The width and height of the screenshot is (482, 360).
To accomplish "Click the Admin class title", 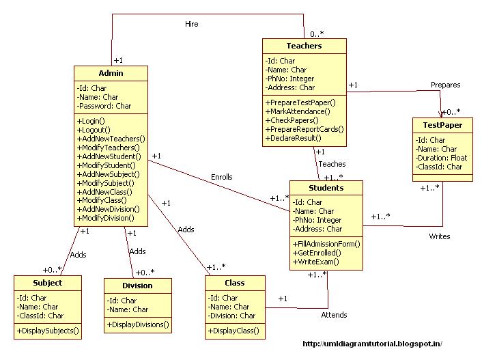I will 111,73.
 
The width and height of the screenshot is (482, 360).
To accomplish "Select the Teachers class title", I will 304,46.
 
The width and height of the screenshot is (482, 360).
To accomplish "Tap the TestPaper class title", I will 442,125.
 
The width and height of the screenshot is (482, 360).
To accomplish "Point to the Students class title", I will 326,188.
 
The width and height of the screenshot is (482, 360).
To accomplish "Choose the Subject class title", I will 48,283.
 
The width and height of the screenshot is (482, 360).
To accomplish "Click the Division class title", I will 137,286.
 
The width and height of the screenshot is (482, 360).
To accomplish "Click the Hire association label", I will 192,24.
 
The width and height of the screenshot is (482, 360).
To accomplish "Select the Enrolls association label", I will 221,177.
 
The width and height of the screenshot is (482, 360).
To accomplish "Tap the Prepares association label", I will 445,85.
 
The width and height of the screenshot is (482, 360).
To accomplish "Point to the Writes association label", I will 439,236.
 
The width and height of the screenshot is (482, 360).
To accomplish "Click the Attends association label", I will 334,315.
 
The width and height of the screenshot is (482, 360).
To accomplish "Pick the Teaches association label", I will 332,164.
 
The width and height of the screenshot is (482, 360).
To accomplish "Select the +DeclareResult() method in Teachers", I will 298,138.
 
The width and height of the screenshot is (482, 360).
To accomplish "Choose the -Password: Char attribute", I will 104,106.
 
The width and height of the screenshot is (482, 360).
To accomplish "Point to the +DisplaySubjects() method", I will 48,331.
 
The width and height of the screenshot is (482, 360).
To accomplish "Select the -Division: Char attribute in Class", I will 232,316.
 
